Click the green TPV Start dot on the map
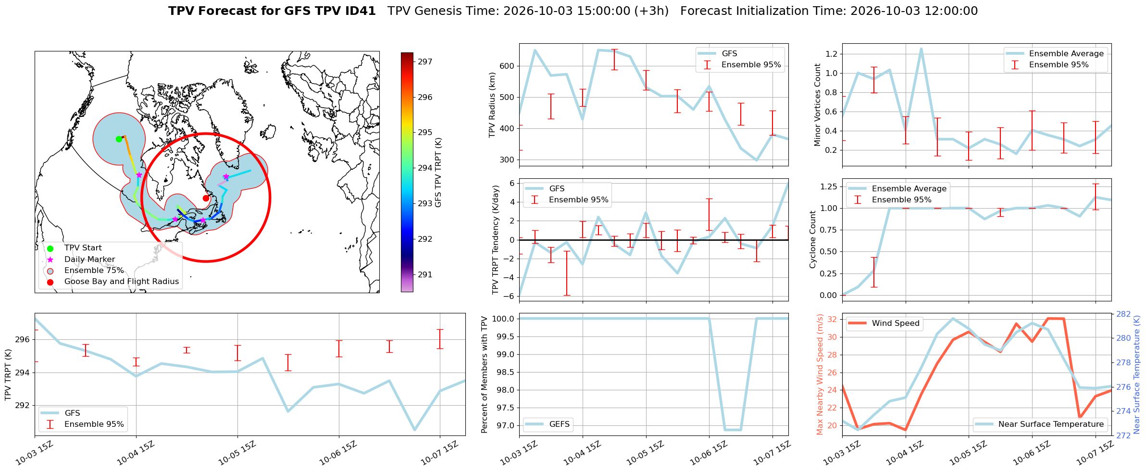click(119, 139)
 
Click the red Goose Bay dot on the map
click(206, 198)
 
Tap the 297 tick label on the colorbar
click(425, 62)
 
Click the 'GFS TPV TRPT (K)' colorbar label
click(438, 173)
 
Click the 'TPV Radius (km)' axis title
click(492, 105)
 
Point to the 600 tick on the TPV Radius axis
click(508, 66)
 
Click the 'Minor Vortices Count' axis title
click(818, 105)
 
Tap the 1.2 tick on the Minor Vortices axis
click(832, 54)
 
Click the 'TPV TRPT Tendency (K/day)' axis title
click(496, 239)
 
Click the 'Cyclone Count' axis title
click(813, 239)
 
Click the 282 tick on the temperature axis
click(1123, 314)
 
